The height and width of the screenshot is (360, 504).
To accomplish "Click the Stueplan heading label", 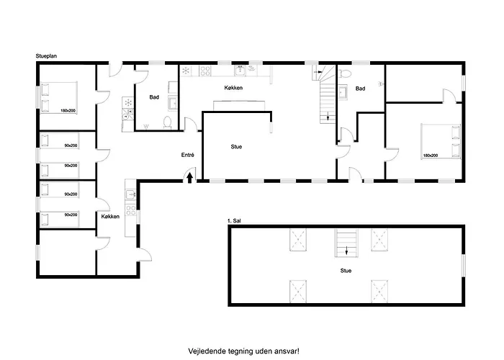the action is tap(46, 56).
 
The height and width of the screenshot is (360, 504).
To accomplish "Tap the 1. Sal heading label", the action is tap(234, 221).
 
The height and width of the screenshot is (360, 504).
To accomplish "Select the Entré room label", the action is tap(188, 155).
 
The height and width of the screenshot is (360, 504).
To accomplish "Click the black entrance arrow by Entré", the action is tap(189, 178).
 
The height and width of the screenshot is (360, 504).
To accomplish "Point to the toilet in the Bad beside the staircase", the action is tap(345, 74).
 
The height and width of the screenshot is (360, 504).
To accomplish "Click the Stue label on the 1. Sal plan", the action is tap(346, 271).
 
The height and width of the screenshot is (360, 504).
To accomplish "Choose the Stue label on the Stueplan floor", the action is tap(236, 147).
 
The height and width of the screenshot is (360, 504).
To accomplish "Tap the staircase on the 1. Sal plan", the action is tap(346, 243).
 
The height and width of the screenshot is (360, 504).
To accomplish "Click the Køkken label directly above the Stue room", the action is tap(233, 88).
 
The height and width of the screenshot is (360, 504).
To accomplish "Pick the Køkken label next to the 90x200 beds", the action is tap(110, 216).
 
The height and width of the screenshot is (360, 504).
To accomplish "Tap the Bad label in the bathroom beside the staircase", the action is tap(360, 89).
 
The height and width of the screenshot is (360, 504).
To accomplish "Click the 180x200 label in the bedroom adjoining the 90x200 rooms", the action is tap(68, 111).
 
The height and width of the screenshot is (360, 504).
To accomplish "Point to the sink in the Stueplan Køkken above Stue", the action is tap(240, 71).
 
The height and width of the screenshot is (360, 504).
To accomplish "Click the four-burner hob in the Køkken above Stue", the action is tap(205, 71).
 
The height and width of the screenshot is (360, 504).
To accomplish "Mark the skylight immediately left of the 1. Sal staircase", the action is tap(298, 240).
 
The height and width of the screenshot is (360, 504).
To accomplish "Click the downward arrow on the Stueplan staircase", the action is tap(328, 116).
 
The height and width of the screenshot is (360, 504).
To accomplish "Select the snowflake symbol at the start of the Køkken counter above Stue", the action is tap(186, 71).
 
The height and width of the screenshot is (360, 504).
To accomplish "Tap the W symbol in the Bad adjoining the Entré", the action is tap(146, 127).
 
